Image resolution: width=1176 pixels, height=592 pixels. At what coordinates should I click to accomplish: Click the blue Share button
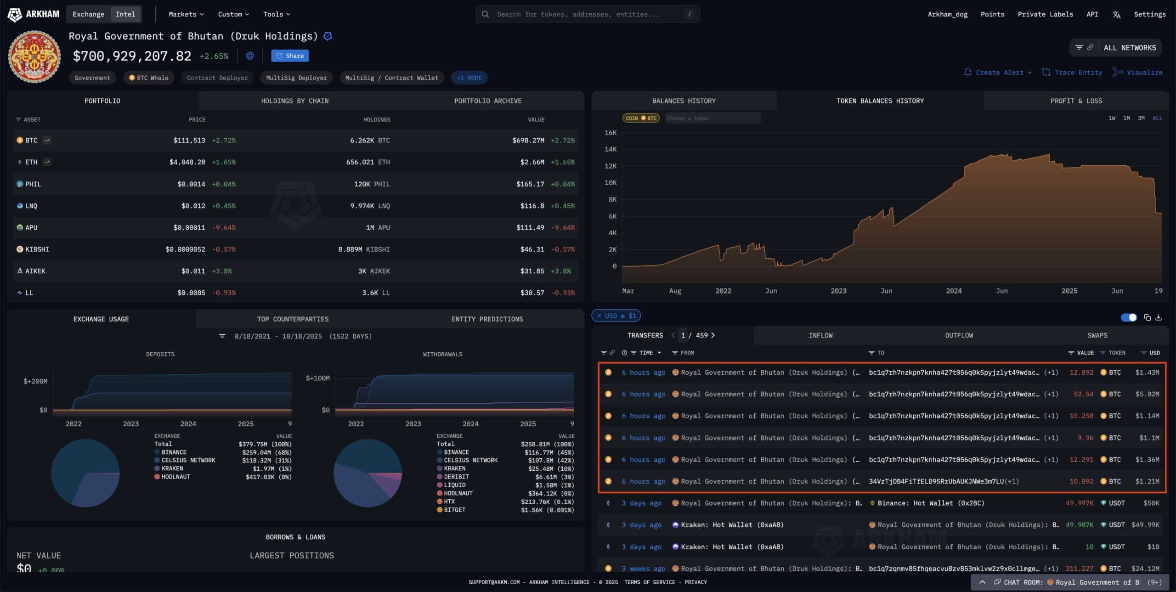tap(290, 56)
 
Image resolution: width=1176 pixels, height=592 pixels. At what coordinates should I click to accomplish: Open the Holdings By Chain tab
tap(294, 101)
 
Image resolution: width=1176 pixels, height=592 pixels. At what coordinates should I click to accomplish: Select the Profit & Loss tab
tap(1076, 101)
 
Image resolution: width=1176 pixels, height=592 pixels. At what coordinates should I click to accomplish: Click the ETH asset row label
tap(31, 162)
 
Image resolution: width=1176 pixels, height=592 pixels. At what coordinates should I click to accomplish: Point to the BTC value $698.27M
tap(528, 140)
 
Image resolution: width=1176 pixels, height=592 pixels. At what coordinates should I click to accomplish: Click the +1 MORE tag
tap(469, 78)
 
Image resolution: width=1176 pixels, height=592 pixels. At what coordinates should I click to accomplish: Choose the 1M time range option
tap(1126, 118)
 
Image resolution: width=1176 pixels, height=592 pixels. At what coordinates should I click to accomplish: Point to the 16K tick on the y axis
tap(611, 133)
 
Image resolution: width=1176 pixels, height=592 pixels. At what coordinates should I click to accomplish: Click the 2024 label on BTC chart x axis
tap(954, 291)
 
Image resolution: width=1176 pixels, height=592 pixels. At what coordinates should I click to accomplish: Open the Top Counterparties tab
tap(293, 319)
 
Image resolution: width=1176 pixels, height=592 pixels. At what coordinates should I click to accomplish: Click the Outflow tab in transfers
tap(959, 335)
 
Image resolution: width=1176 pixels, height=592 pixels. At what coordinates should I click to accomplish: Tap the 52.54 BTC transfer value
tap(1083, 394)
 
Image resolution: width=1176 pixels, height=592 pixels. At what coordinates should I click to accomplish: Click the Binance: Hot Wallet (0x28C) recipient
tap(931, 503)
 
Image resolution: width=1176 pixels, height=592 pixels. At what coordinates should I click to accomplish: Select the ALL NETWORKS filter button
tap(1129, 48)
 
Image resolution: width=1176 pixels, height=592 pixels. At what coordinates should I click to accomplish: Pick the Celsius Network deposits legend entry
tap(188, 460)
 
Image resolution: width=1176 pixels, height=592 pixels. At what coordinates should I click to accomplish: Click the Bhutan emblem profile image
tap(34, 56)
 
